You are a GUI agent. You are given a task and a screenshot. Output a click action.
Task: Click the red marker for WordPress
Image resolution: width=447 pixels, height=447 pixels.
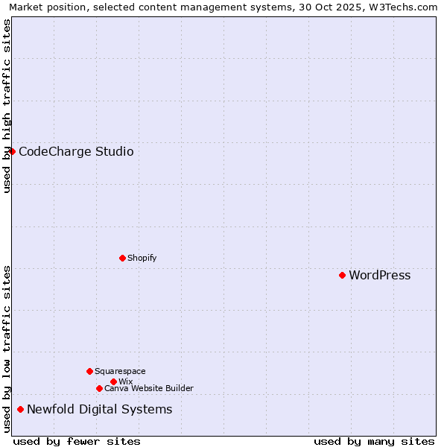point(342,275)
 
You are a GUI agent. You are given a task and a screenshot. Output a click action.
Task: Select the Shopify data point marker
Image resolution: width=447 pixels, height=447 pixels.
point(122,258)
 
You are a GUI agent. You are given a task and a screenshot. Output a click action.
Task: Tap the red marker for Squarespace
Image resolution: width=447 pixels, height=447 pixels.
point(89,371)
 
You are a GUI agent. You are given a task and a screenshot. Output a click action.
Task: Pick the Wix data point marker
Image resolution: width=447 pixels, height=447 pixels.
point(113,381)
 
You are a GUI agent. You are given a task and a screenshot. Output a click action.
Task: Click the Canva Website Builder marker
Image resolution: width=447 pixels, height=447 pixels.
point(99,388)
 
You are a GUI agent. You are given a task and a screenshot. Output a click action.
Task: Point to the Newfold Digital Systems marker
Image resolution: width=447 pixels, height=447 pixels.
point(20,409)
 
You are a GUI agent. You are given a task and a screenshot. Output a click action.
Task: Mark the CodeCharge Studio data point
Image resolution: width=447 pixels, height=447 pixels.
point(12,151)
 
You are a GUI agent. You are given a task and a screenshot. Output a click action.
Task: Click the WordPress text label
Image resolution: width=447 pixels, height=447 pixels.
point(379,276)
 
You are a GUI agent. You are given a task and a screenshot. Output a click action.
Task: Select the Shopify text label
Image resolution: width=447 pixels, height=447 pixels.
point(142,258)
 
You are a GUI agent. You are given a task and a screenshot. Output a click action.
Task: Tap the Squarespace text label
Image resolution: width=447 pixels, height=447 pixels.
point(120,371)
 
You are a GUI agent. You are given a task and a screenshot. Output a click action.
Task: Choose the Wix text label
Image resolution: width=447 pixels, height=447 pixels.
point(125,381)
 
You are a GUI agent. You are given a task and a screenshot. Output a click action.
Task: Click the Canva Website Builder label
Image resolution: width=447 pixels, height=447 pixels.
point(148,388)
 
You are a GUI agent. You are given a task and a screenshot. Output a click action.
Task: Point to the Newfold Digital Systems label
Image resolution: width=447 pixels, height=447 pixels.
point(99,410)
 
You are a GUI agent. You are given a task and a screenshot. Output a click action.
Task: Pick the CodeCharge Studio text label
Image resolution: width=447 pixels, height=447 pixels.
point(76,152)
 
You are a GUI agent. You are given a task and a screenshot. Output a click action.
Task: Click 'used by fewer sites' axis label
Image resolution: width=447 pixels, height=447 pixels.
point(77,441)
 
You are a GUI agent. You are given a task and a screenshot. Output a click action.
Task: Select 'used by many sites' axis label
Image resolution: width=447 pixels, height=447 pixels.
point(374,441)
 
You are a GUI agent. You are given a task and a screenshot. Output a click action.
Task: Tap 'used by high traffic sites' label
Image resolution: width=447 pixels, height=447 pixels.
point(7,106)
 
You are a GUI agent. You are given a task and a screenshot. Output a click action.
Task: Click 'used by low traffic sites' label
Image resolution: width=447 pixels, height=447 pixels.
point(7,349)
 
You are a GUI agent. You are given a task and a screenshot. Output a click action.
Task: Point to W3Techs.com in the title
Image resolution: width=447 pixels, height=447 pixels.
point(401,7)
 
